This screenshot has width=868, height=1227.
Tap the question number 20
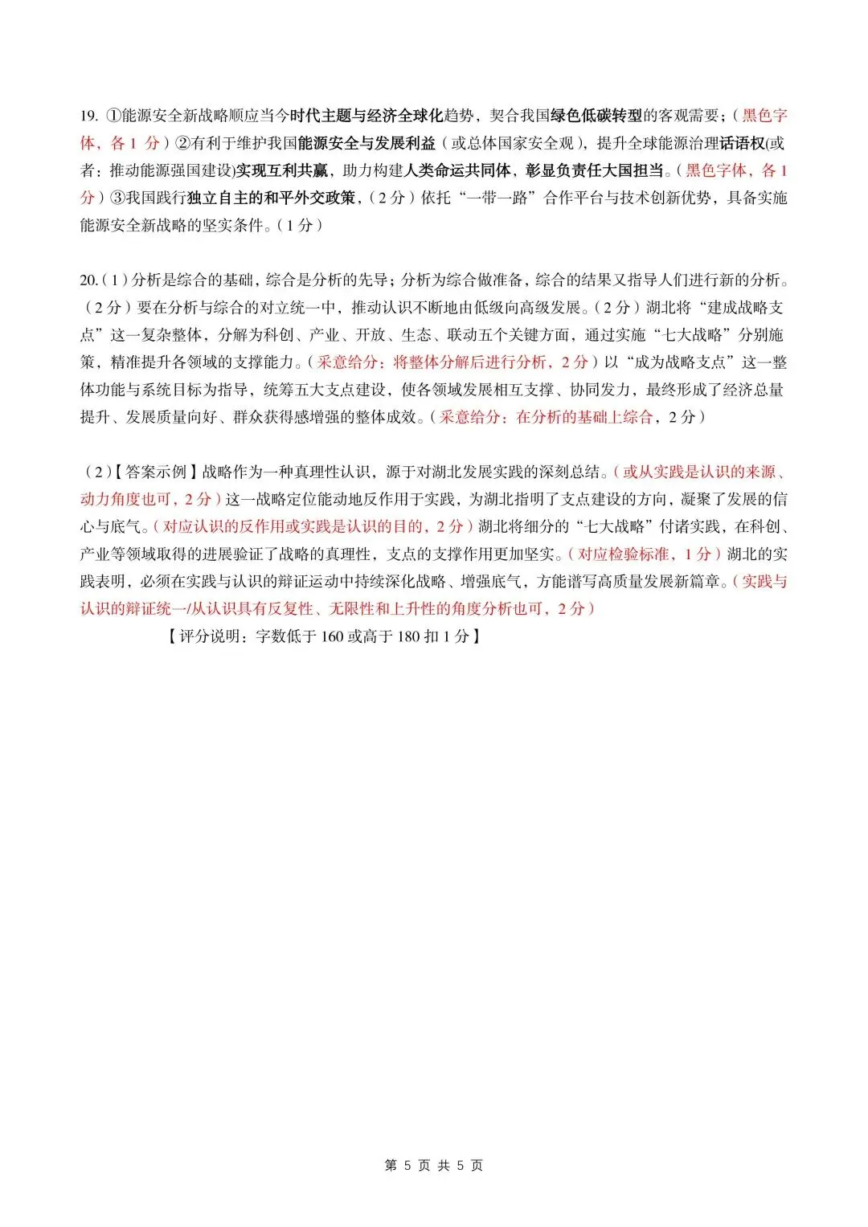(x=88, y=280)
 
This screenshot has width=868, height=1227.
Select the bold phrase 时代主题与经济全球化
(x=366, y=116)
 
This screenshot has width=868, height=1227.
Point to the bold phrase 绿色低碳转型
(x=596, y=116)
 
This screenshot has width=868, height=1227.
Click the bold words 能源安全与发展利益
(x=366, y=143)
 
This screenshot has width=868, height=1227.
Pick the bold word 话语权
(x=742, y=143)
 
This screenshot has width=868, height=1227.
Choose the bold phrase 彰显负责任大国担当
(x=595, y=170)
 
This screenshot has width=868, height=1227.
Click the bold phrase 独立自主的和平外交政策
(x=271, y=198)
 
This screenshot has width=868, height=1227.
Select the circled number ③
(x=117, y=198)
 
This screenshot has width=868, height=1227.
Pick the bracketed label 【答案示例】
(x=157, y=472)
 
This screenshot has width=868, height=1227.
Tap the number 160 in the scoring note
(x=332, y=636)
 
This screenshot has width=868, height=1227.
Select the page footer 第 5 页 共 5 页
(x=434, y=1165)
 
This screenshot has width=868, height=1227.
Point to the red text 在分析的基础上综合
(x=584, y=416)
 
